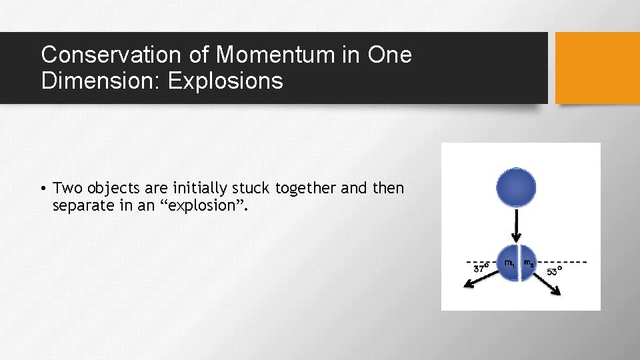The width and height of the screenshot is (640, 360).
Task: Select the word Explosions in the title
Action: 226,81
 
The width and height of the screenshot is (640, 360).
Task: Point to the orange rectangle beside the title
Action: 597,68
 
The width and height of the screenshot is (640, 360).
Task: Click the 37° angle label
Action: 481,268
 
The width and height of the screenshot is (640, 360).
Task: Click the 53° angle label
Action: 554,271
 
